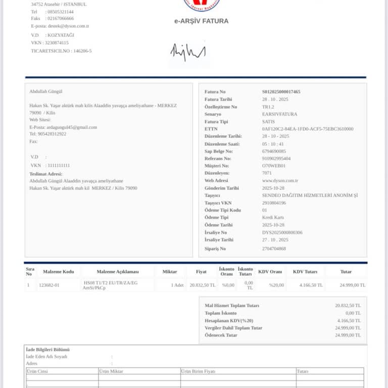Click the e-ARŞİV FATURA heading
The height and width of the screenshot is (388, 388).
[201, 21]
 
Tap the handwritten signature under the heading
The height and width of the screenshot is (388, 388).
[188, 52]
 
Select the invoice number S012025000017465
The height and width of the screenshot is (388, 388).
[281, 92]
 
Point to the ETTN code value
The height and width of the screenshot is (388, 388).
[308, 129]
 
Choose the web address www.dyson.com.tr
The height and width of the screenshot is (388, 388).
[280, 180]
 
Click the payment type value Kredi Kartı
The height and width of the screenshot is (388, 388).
[272, 218]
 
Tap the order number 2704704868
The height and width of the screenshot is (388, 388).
[274, 249]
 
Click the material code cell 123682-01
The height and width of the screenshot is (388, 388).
[50, 285]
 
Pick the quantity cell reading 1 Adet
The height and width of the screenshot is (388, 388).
[177, 285]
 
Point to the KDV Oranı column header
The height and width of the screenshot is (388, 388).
[270, 272]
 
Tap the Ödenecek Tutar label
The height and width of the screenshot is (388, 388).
[221, 335]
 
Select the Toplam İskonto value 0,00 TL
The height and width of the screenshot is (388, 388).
[351, 313]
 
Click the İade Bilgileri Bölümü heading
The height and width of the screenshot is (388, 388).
[47, 350]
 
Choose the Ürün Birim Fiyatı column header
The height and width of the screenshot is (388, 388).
[200, 371]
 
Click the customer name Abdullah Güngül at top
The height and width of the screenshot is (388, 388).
[45, 91]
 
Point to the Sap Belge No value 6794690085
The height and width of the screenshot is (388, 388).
[274, 151]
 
